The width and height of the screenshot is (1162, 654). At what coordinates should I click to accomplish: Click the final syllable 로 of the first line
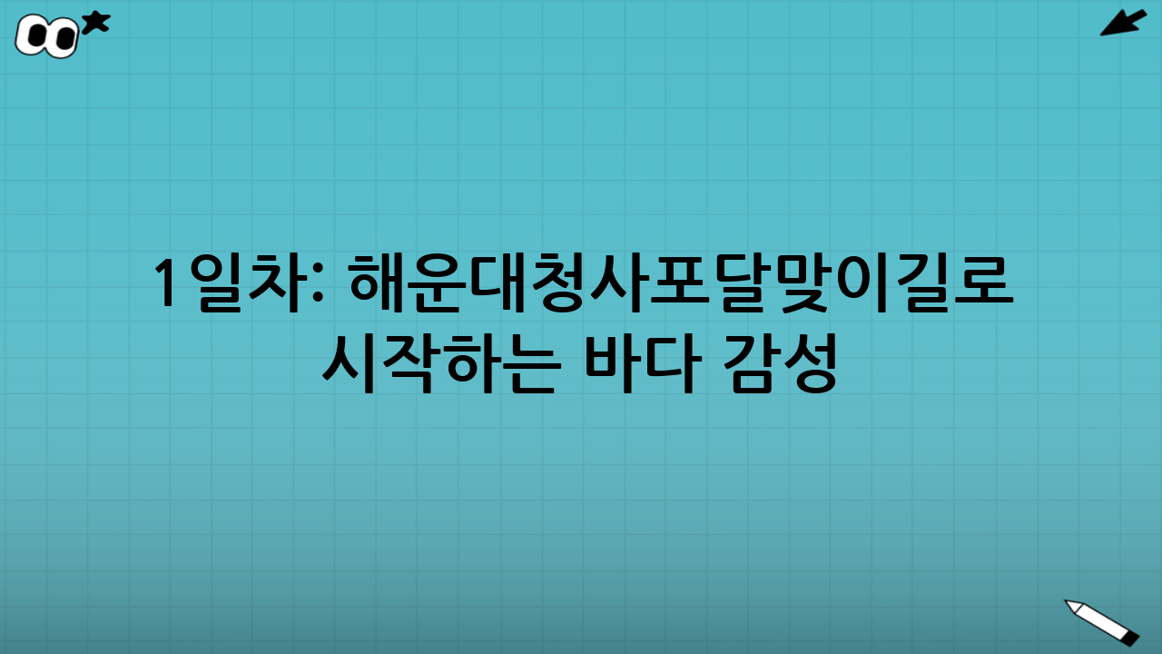tap(984, 282)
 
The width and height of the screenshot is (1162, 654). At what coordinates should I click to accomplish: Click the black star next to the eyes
tap(95, 23)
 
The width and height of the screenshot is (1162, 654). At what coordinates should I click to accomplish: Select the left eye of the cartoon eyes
tap(37, 36)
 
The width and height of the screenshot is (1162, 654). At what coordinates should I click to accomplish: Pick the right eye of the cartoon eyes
tap(63, 39)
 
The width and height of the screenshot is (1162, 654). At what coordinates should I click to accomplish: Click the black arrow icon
tap(1123, 23)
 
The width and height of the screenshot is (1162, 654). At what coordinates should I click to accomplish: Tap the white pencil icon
tap(1101, 621)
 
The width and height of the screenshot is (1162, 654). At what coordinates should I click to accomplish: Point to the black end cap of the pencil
tap(1130, 639)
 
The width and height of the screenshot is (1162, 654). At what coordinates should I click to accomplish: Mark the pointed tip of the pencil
tap(1068, 602)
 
